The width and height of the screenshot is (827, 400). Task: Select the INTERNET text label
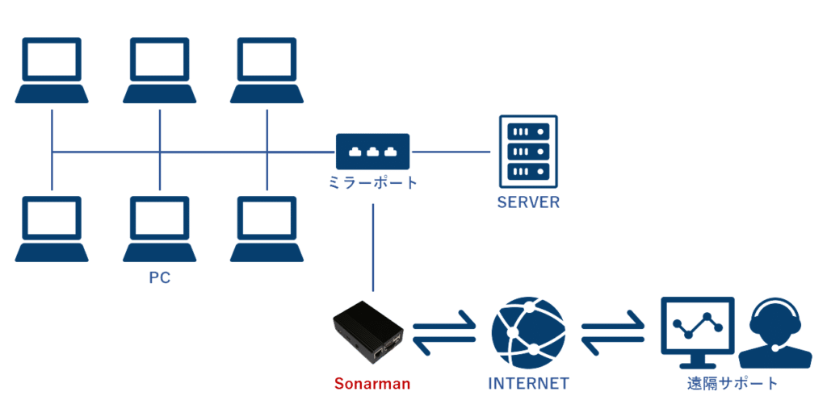point(529,383)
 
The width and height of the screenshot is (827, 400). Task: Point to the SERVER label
point(528,202)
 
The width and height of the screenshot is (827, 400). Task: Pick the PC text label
point(160,278)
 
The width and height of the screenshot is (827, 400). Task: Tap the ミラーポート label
point(372,183)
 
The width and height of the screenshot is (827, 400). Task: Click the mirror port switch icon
point(372,151)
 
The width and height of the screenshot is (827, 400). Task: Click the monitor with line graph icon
point(697,331)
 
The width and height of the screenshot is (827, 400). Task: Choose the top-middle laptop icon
point(160,70)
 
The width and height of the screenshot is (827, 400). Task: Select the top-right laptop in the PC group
point(267,70)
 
